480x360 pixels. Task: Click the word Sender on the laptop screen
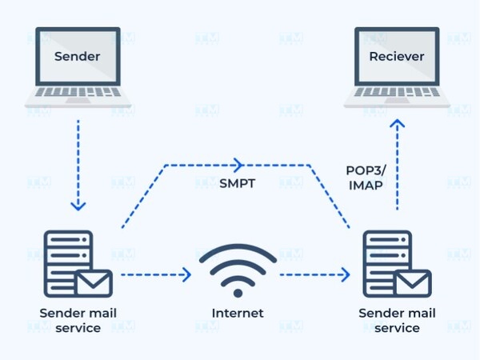tap(78, 57)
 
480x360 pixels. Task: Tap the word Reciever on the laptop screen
tap(397, 57)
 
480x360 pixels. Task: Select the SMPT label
tap(238, 183)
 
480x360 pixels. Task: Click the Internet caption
tap(238, 312)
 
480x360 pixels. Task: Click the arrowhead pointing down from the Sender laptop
tap(78, 206)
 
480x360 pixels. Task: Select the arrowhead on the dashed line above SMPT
tap(237, 166)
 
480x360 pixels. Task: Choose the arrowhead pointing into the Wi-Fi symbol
tap(186, 275)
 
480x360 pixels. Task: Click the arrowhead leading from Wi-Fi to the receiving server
tap(345, 275)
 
